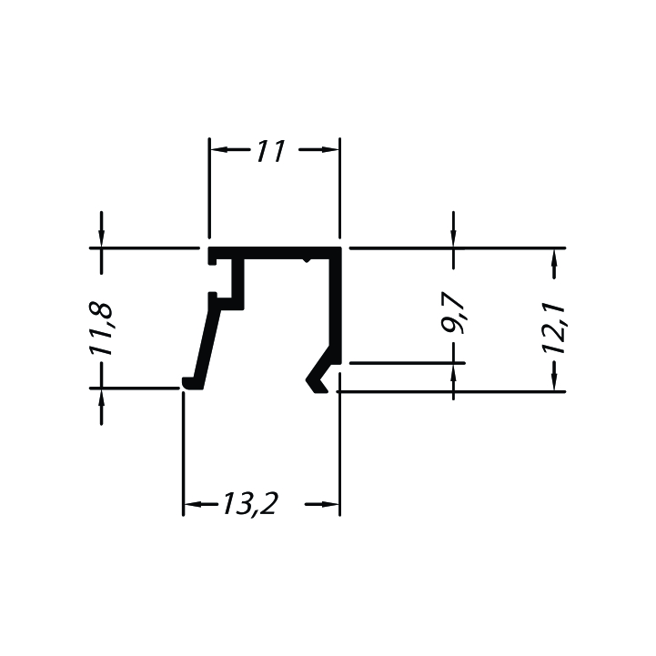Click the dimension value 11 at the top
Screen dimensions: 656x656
click(x=271, y=151)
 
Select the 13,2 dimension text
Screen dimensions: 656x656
click(x=249, y=504)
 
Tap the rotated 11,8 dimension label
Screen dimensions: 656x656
click(x=101, y=328)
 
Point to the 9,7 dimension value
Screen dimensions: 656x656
click(x=454, y=312)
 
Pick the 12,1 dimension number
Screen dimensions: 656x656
click(x=553, y=329)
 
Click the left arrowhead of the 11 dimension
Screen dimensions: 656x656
click(x=218, y=149)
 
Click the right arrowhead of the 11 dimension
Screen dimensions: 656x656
click(x=330, y=149)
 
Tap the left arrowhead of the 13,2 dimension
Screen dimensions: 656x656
click(x=193, y=504)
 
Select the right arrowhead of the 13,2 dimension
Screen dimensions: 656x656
click(x=330, y=504)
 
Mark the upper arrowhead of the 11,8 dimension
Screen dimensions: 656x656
click(x=101, y=239)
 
